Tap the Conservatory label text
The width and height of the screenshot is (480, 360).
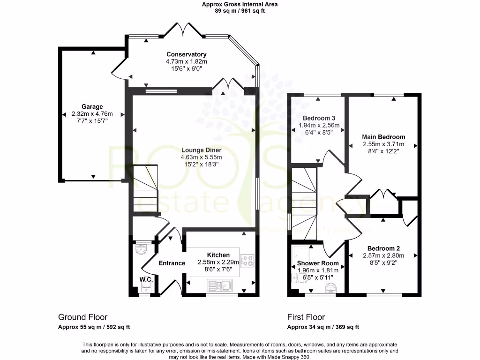tap(186, 54)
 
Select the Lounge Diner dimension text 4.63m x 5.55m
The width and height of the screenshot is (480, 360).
tap(201, 157)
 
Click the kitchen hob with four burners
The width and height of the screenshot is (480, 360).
tap(247, 260)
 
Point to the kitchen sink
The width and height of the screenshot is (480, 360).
tap(219, 285)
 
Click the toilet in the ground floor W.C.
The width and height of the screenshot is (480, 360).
tap(141, 249)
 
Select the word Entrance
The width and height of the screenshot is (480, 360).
tap(172, 263)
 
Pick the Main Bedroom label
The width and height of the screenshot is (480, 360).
tap(383, 137)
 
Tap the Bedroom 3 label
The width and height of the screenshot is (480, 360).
tap(318, 118)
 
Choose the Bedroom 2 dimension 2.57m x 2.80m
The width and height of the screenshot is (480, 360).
tap(383, 255)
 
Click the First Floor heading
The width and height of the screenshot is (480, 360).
tap(306, 317)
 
